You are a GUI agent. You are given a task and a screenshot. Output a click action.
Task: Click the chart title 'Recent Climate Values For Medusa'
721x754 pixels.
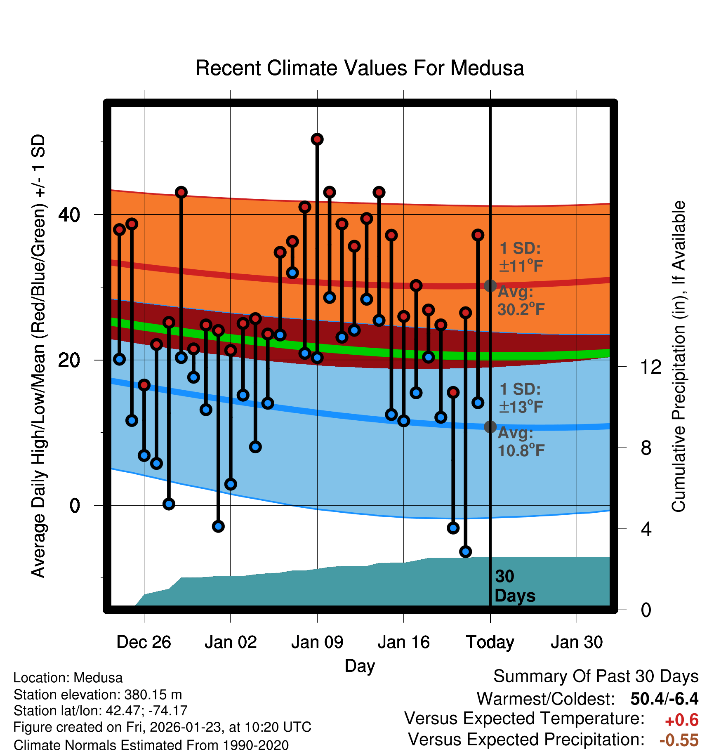coord(359,68)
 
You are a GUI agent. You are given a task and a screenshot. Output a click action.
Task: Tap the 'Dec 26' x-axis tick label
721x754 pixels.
coord(144,642)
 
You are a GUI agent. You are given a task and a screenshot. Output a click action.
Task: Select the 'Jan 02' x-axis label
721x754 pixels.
coord(231,642)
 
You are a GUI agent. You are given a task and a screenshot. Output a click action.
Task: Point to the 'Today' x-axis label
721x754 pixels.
coord(490,642)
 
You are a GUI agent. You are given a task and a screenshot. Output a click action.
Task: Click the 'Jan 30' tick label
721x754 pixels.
coord(577,642)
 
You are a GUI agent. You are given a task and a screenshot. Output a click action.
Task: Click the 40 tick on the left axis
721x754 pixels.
coord(69,214)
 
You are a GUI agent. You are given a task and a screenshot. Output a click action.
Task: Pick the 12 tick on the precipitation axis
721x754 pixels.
coord(651,367)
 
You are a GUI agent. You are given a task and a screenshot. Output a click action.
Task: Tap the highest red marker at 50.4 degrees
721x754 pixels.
coord(317,139)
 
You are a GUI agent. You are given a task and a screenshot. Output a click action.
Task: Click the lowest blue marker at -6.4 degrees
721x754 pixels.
coord(466,551)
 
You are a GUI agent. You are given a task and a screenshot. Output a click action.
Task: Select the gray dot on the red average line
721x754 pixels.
coord(490,285)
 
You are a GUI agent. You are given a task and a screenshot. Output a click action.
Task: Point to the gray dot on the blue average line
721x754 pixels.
coord(490,426)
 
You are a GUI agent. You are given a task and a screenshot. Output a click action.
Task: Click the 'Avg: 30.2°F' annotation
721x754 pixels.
coord(521,301)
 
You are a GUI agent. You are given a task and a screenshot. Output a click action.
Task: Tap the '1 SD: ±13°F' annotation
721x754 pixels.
coord(521,398)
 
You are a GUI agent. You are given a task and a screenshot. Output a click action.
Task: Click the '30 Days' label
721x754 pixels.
coord(514,586)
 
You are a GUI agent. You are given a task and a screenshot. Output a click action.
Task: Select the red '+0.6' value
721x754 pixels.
coord(681,720)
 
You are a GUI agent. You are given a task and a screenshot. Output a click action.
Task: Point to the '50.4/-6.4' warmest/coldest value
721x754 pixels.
coord(664,699)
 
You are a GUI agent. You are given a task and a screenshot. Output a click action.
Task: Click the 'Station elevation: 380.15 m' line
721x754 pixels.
coord(98,695)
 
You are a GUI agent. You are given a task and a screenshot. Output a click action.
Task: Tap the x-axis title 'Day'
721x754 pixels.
coord(360,666)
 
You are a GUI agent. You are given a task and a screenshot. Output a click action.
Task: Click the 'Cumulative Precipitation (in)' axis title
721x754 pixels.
coord(679,356)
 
